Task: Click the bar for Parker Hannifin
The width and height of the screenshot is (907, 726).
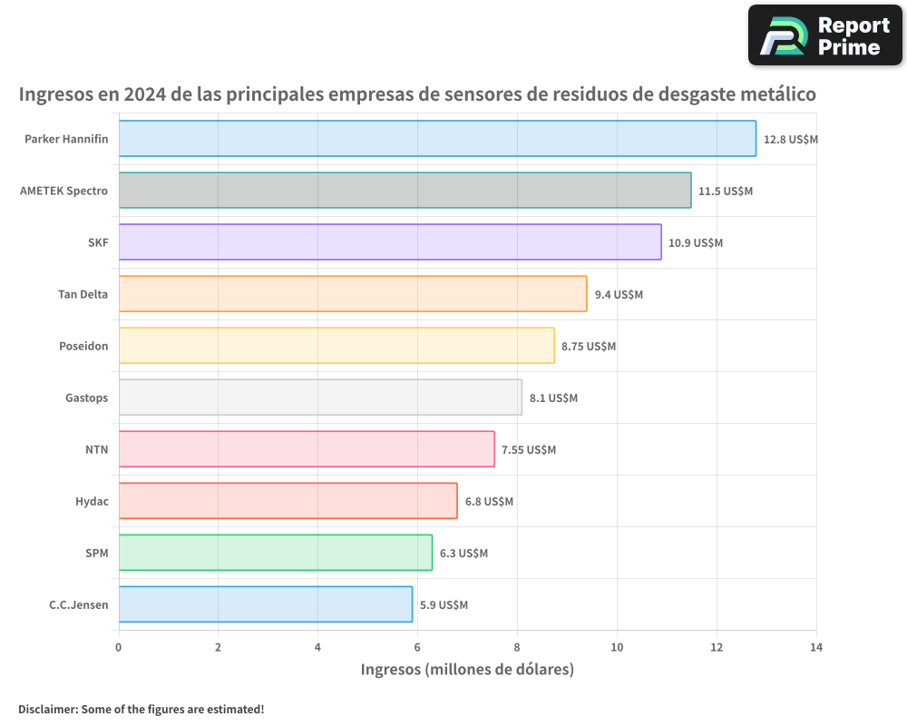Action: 437,139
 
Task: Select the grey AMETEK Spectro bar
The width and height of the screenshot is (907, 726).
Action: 405,191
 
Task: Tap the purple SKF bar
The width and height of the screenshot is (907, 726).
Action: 390,242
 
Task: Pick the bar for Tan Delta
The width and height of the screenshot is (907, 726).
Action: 353,294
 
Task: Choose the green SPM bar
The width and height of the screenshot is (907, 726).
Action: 275,553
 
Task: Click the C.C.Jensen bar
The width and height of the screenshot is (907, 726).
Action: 265,604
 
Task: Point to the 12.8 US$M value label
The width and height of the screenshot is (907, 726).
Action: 791,140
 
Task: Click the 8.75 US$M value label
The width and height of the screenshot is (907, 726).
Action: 589,347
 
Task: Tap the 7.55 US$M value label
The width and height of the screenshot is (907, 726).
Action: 529,450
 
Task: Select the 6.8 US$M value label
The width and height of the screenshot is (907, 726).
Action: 489,502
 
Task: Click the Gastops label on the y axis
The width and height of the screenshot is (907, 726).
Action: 87,397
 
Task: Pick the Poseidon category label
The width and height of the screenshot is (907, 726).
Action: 83,346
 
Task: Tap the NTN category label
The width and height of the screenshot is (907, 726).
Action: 97,449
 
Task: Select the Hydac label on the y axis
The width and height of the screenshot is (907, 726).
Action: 92,501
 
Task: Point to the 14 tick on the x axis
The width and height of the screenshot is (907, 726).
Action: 816,647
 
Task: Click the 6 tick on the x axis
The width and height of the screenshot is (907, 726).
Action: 417,647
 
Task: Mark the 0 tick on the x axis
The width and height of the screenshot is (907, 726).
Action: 119,647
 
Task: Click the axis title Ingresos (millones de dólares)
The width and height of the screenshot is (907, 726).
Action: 467,670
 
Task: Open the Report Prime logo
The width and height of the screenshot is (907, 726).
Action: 824,35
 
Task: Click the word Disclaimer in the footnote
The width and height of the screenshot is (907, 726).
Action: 47,709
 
